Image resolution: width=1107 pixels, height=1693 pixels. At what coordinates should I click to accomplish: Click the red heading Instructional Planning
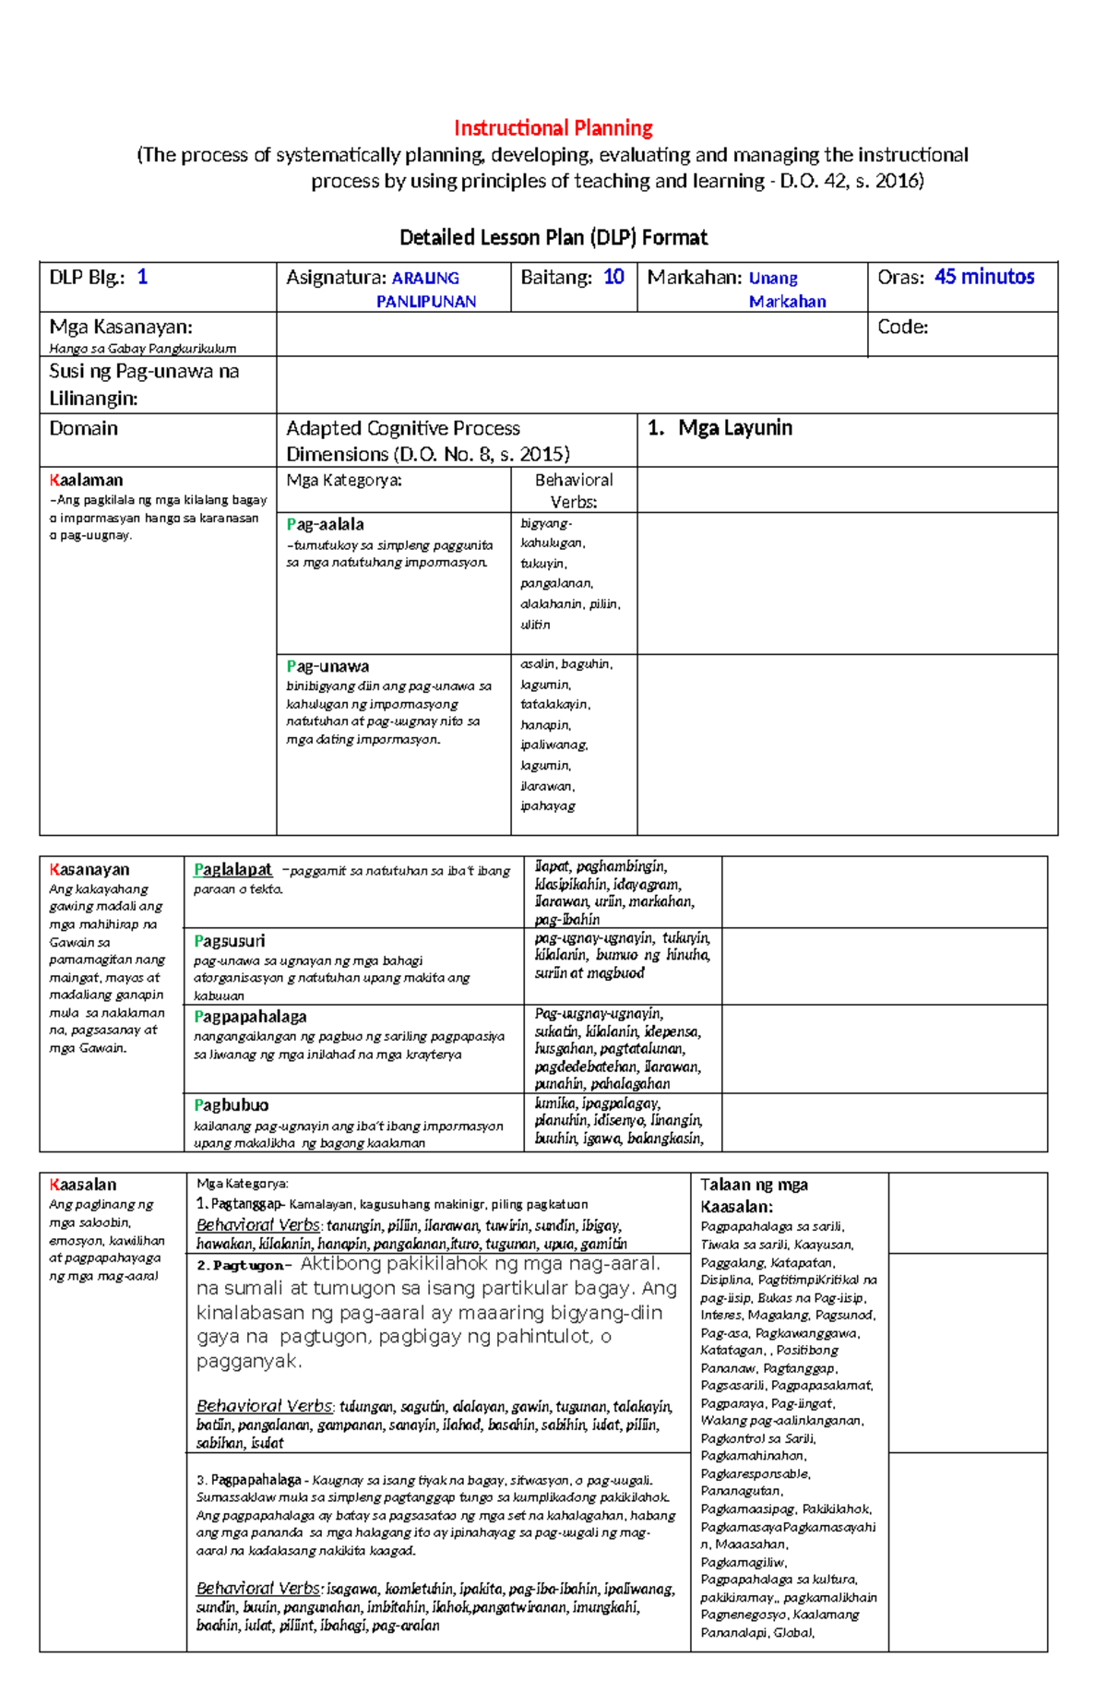(x=553, y=128)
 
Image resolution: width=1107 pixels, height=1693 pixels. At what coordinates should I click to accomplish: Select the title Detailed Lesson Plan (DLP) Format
(x=553, y=238)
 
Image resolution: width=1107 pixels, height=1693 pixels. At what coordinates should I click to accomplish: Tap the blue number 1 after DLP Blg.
(x=142, y=277)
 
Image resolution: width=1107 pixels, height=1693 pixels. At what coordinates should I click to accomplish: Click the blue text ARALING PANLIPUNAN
(x=425, y=290)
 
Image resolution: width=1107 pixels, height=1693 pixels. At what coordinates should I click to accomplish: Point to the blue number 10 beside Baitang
(x=613, y=277)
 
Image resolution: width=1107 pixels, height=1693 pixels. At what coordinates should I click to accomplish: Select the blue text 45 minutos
(x=984, y=277)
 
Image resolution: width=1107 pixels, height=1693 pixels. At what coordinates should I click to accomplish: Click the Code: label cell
(x=903, y=327)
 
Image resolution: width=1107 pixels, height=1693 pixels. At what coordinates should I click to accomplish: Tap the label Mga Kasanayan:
(x=120, y=327)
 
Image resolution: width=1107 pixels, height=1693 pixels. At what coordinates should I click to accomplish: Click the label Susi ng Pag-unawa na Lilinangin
(x=144, y=385)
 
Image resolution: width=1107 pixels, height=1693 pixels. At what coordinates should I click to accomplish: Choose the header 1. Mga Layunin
(x=720, y=428)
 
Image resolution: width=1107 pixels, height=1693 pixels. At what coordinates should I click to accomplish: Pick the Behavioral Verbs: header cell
(x=574, y=491)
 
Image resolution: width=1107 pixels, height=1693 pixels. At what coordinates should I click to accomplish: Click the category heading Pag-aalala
(x=325, y=524)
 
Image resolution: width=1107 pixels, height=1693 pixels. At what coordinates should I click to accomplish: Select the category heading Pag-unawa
(x=327, y=666)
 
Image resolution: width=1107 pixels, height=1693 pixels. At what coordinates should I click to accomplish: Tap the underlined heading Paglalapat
(x=232, y=869)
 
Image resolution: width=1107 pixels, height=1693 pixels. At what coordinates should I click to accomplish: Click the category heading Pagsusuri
(x=229, y=941)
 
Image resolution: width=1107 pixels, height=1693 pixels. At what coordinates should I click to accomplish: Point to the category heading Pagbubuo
(x=231, y=1105)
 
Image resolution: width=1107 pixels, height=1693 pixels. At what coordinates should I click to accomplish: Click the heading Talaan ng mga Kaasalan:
(x=754, y=1196)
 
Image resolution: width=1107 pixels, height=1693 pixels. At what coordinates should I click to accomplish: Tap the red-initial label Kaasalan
(x=83, y=1185)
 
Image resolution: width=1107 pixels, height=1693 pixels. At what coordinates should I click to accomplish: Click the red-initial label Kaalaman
(x=86, y=480)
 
